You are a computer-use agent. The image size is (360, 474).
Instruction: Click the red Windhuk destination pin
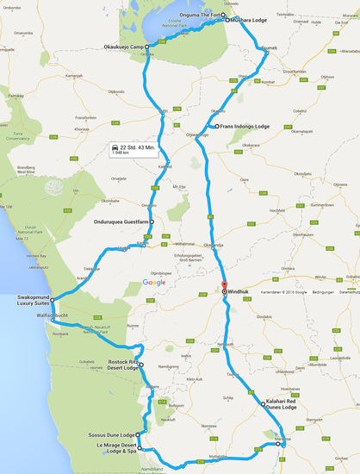[x=223, y=287]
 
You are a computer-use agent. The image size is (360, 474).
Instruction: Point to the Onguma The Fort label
[x=199, y=14]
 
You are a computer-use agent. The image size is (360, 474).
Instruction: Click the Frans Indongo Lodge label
[x=245, y=127]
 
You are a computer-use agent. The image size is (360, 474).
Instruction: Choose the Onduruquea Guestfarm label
[x=120, y=197]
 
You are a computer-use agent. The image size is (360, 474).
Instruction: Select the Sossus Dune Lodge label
[x=110, y=434]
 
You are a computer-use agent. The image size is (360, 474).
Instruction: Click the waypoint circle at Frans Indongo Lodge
[x=216, y=127]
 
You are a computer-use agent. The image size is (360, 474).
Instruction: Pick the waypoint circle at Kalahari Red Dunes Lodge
[x=263, y=403]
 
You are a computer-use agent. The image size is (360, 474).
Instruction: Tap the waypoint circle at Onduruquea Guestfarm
[x=152, y=197]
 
